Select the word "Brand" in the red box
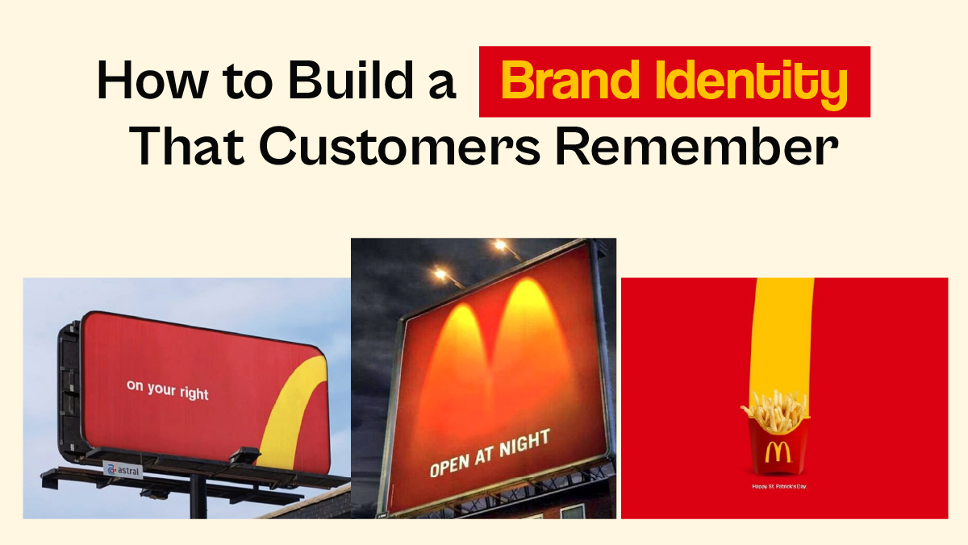(x=563, y=81)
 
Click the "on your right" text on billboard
(x=167, y=390)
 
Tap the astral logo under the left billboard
(x=123, y=468)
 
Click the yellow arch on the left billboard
(x=290, y=411)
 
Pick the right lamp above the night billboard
(x=501, y=243)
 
